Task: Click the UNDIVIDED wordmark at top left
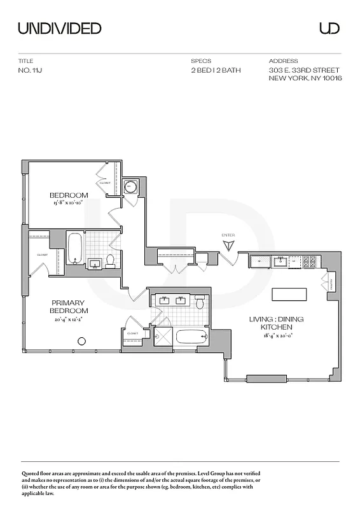tap(59, 28)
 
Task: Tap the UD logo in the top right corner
tap(329, 28)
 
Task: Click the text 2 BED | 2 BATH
tap(216, 70)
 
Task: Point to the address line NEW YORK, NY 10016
tap(305, 78)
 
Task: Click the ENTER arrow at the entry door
tap(228, 245)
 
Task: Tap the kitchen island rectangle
tap(289, 295)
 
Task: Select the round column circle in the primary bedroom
tap(81, 342)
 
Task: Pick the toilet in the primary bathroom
tap(200, 303)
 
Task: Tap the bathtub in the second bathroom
tap(74, 248)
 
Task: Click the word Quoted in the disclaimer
tap(32, 475)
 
